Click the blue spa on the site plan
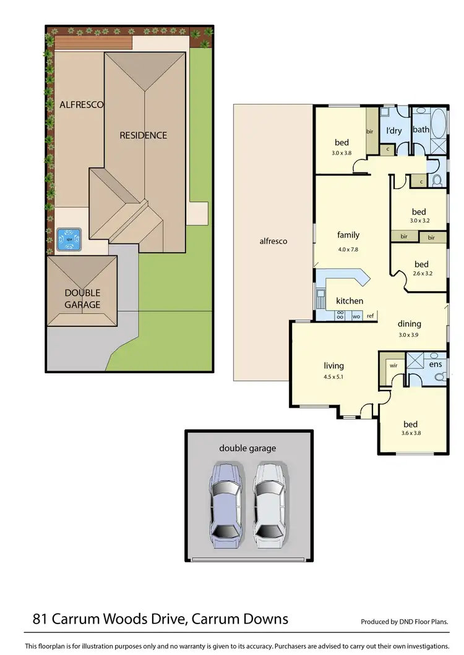[69, 239]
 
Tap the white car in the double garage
[269, 504]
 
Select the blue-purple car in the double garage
[226, 504]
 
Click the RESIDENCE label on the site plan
[143, 135]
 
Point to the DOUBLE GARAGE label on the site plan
[82, 298]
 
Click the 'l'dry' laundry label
[393, 130]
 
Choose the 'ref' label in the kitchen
[371, 316]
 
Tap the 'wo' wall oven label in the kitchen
[356, 316]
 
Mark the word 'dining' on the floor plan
[409, 323]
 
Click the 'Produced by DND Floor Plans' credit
[404, 622]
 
